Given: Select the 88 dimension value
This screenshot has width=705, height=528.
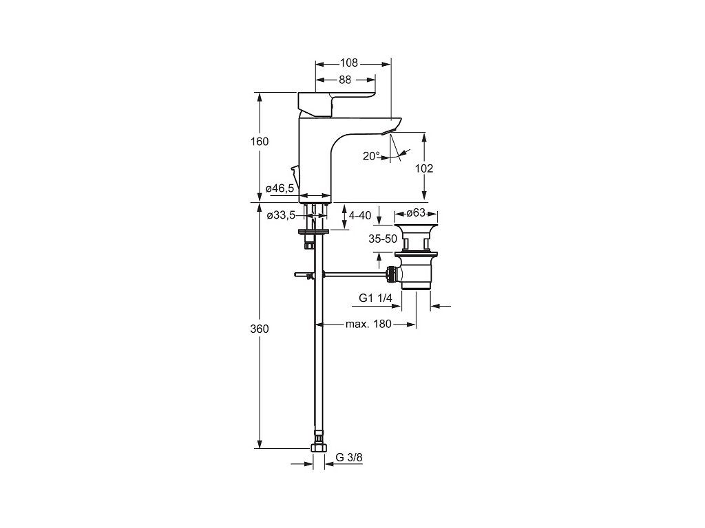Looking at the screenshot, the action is pyautogui.click(x=345, y=80).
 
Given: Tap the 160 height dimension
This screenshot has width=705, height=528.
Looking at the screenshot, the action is pyautogui.click(x=260, y=142).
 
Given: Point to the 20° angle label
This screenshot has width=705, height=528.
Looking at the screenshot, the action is pyautogui.click(x=371, y=156).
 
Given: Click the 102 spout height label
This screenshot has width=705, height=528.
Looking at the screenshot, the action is pyautogui.click(x=425, y=168).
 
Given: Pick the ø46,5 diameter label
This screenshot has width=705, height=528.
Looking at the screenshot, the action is pyautogui.click(x=280, y=188).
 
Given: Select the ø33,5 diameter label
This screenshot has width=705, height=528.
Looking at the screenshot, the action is pyautogui.click(x=280, y=216).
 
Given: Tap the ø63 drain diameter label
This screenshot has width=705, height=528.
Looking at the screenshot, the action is pyautogui.click(x=416, y=212).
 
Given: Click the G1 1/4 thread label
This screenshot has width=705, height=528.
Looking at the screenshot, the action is pyautogui.click(x=375, y=298).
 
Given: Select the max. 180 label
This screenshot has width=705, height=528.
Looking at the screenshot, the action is pyautogui.click(x=368, y=324).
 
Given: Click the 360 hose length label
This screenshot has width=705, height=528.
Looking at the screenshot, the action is pyautogui.click(x=260, y=329).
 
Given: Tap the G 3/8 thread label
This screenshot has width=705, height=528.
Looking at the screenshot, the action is pyautogui.click(x=350, y=457).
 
